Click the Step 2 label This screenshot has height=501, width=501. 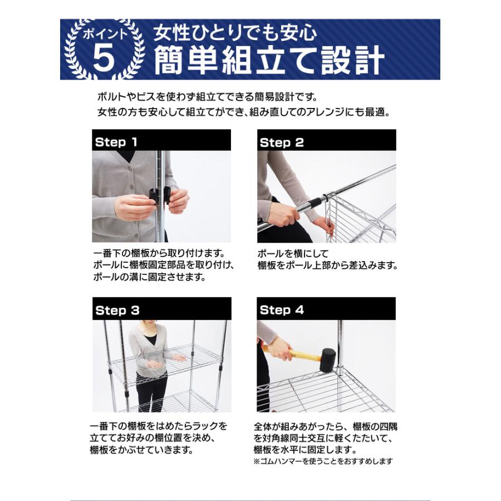(x=282, y=143)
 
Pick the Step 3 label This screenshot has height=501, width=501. (x=117, y=311)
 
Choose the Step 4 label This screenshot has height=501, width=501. (x=282, y=310)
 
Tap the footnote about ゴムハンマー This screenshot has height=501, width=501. (x=323, y=461)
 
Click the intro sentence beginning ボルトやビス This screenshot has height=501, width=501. (x=214, y=97)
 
